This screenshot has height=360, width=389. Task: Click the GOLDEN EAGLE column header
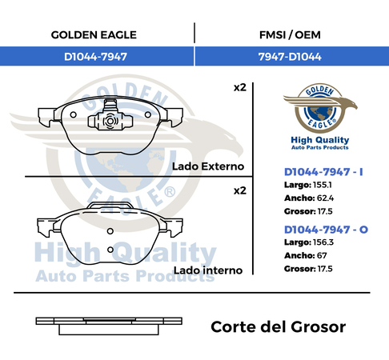pyautogui.click(x=94, y=35)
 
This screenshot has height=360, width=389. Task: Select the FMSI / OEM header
pyautogui.click(x=290, y=35)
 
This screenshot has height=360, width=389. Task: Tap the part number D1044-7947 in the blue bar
pyautogui.click(x=95, y=57)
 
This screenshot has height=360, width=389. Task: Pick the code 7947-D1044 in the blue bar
pyautogui.click(x=290, y=57)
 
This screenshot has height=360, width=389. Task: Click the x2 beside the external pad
pyautogui.click(x=240, y=88)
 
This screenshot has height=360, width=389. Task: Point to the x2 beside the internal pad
pyautogui.click(x=240, y=191)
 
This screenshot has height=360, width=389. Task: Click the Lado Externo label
pyautogui.click(x=208, y=166)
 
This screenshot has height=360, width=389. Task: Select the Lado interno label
pyautogui.click(x=208, y=270)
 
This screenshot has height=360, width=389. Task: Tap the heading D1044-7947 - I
pyautogui.click(x=323, y=172)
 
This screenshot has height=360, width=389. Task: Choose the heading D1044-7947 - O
pyautogui.click(x=326, y=230)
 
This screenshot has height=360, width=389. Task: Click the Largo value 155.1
pyautogui.click(x=323, y=185)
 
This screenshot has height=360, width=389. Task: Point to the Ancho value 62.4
pyautogui.click(x=325, y=198)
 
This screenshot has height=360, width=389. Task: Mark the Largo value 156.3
pyautogui.click(x=323, y=242)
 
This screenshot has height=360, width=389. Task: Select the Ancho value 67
pyautogui.click(x=322, y=255)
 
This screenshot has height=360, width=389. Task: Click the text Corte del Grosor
pyautogui.click(x=279, y=327)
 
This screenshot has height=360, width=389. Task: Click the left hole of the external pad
pyautogui.click(x=73, y=115)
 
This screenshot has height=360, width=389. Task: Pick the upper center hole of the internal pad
pyautogui.click(x=110, y=231)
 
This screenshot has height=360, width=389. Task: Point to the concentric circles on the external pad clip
pyautogui.click(x=110, y=122)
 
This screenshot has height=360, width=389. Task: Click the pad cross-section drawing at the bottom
pyautogui.click(x=109, y=326)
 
